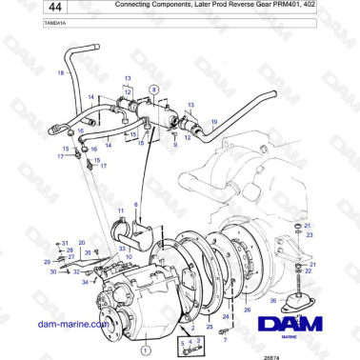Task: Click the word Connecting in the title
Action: [x=141, y=7]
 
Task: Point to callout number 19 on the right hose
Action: [x=214, y=123]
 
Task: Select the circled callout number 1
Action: [x=143, y=350]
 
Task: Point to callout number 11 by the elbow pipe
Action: [x=121, y=210]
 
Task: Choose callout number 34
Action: [x=84, y=282]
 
